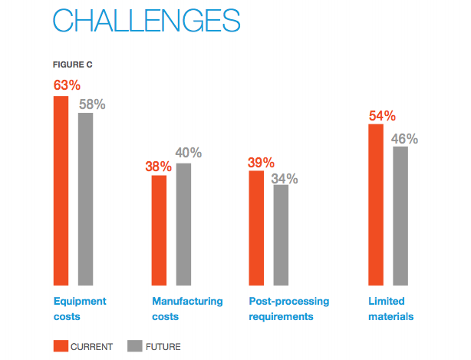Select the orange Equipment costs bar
point(61,190)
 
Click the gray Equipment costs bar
point(85,199)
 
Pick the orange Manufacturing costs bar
point(159,230)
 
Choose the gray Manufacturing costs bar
point(183,224)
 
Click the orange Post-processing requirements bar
point(256,228)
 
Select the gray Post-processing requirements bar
point(281,235)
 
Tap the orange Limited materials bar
point(376,204)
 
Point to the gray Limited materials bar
point(400,216)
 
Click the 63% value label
point(66,84)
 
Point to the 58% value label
point(92,103)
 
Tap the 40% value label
point(188,153)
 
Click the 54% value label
point(381,115)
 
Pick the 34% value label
point(285,179)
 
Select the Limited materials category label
point(391,309)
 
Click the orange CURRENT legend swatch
point(60,347)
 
